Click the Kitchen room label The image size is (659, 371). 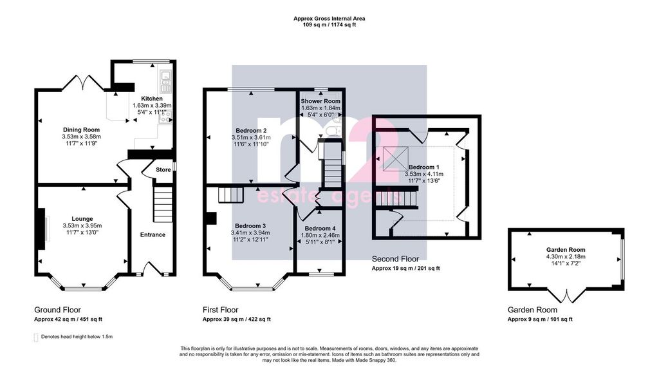152,99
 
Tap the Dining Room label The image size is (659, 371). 82,129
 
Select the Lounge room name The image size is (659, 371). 82,219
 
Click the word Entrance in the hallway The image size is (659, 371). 153,234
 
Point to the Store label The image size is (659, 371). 163,170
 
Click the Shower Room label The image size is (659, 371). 320,101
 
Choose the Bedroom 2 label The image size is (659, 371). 251,130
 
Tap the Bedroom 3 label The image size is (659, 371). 250,226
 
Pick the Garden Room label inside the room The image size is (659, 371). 566,250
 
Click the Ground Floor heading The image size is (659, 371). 57,310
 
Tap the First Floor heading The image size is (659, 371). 220,310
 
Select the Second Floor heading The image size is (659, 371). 395,259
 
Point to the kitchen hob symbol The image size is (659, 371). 165,117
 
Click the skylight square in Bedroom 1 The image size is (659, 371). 396,158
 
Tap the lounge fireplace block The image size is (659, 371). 41,230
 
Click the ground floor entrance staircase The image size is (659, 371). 163,204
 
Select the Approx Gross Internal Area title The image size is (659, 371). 329,19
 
